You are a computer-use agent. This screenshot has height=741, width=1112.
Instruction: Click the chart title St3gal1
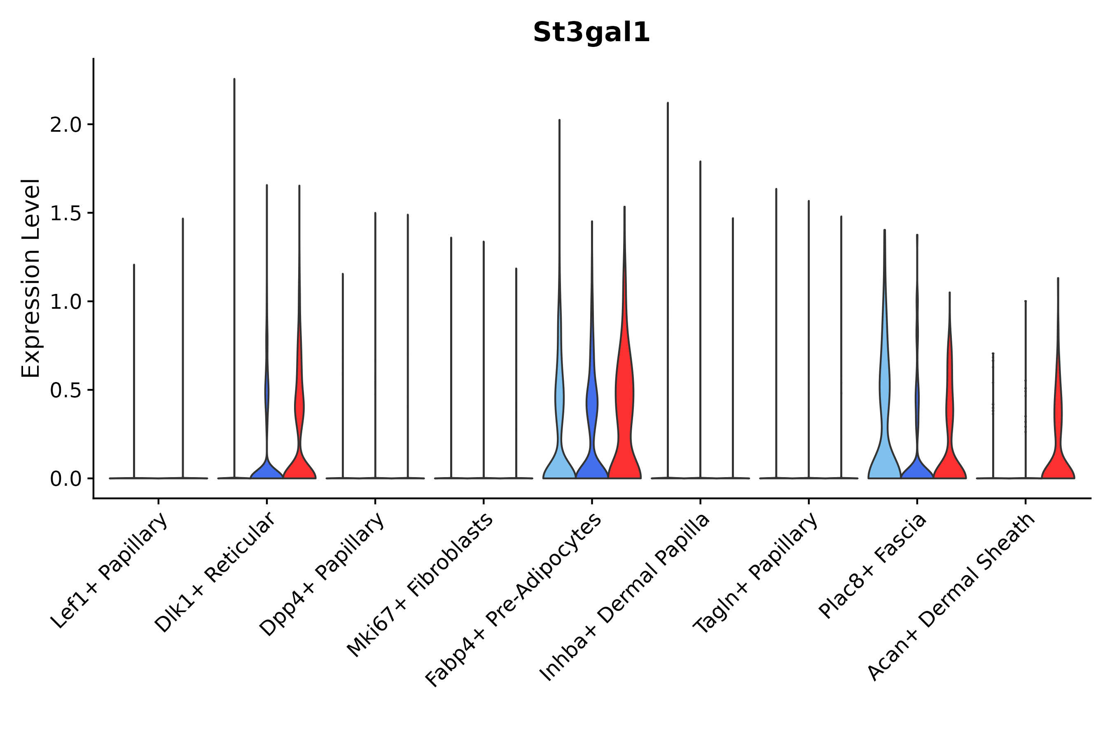click(x=591, y=33)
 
